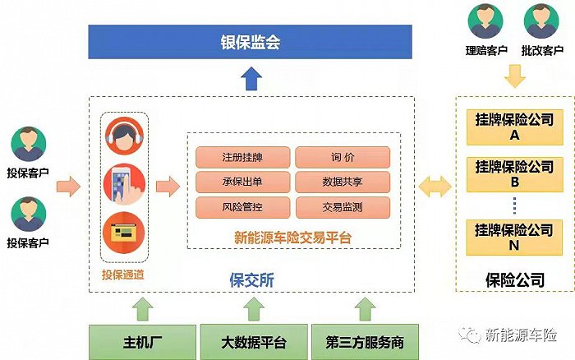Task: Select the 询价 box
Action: tap(342, 157)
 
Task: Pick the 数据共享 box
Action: tap(342, 181)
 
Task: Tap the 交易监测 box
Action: tap(342, 205)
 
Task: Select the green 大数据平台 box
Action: tap(252, 341)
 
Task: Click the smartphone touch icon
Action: tap(125, 186)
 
